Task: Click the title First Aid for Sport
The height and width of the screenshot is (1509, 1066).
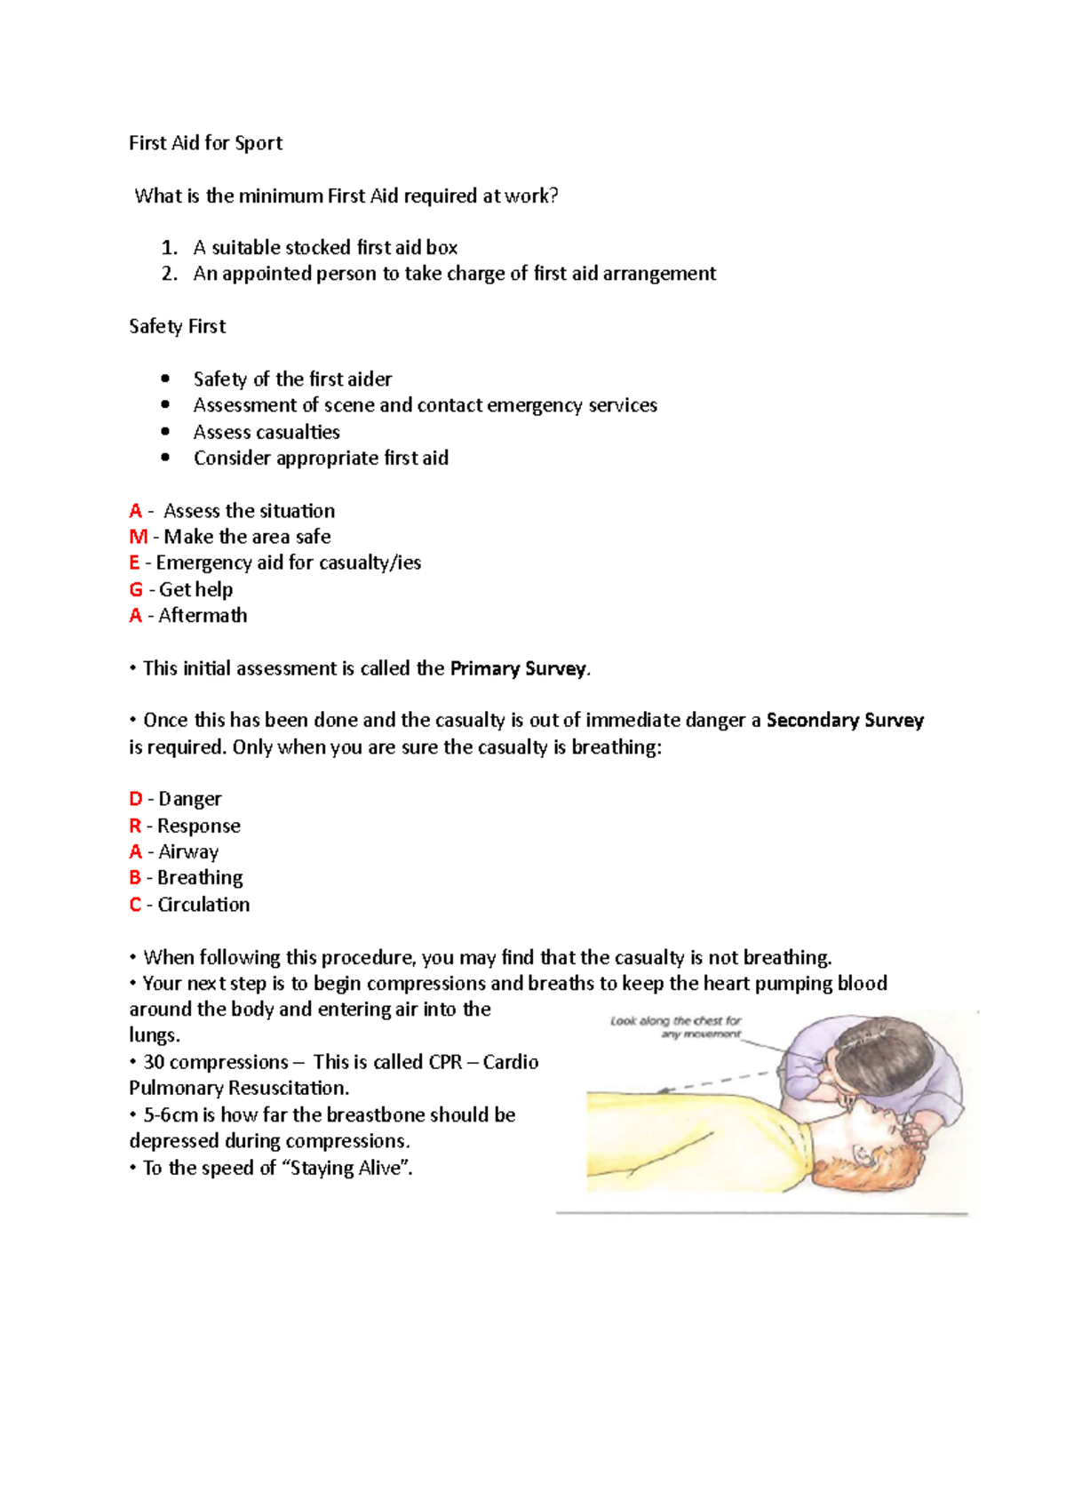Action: (205, 143)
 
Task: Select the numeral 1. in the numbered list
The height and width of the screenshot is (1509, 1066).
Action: (169, 248)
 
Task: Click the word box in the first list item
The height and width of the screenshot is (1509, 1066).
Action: (442, 248)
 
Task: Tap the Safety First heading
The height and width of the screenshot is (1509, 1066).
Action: (177, 326)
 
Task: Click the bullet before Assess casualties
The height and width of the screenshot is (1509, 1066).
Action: (165, 431)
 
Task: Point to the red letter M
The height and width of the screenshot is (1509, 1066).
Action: (138, 537)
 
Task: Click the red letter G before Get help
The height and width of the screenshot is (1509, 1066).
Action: (136, 589)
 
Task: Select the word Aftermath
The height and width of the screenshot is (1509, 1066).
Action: (203, 615)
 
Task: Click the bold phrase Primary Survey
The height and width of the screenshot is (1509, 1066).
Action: (518, 668)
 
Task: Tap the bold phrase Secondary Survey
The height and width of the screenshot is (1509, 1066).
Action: (845, 720)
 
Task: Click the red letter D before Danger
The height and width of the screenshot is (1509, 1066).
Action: (136, 799)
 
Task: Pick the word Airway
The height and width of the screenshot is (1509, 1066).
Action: (188, 851)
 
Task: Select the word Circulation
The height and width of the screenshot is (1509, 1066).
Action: (203, 904)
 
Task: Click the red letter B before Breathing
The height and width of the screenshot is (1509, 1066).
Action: (135, 878)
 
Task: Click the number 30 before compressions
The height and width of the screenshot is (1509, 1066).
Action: (154, 1062)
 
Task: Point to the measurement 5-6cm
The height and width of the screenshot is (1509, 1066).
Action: (171, 1114)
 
